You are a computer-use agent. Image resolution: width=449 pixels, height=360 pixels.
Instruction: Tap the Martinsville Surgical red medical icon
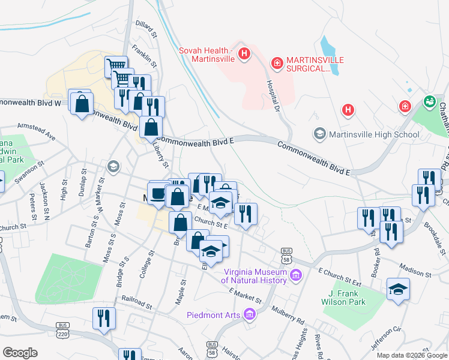click(277, 62)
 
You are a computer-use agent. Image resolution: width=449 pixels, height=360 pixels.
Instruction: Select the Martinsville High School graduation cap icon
click(319, 133)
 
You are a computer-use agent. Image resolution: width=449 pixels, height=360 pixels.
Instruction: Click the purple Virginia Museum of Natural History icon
click(295, 275)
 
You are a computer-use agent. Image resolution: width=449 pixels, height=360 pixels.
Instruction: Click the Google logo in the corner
click(20, 352)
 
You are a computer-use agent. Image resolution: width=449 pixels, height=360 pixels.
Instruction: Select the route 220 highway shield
click(65, 333)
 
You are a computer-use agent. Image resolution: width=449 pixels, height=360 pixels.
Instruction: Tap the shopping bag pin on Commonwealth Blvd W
click(81, 103)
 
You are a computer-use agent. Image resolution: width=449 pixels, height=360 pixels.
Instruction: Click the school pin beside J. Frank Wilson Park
click(398, 290)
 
